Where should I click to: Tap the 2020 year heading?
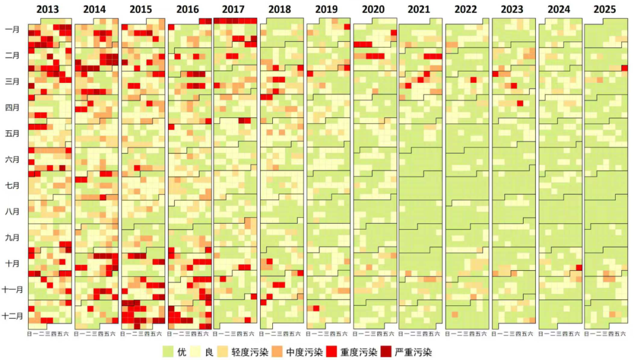tap(374, 9)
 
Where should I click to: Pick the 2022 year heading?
tap(467, 9)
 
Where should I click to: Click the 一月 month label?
tap(12, 29)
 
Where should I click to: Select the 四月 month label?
tap(12, 107)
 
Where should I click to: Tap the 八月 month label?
tap(12, 211)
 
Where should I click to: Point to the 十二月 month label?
tap(12, 315)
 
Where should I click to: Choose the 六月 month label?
tap(12, 159)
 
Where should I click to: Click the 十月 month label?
tap(12, 263)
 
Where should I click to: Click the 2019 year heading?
tap(328, 9)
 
